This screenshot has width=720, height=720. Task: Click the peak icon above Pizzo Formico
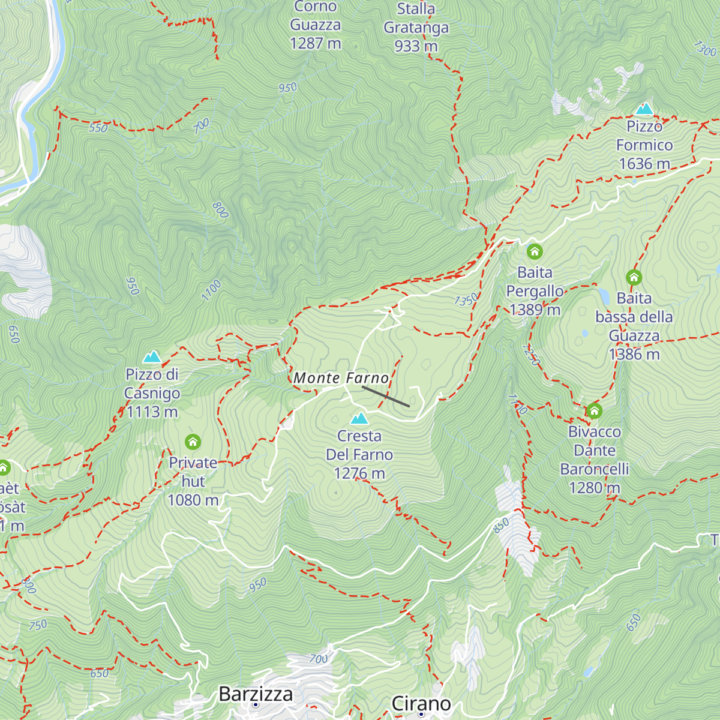644,109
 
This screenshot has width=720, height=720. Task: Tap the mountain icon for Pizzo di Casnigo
152,357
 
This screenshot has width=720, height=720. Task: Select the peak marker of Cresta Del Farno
359,418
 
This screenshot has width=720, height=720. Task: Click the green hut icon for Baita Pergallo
535,251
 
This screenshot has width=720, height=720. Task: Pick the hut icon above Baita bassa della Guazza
634,277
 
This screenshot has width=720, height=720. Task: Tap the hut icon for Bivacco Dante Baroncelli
594,411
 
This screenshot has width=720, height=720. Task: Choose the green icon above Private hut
193,442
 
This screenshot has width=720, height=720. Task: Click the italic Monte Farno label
341,378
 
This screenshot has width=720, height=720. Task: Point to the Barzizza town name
256,694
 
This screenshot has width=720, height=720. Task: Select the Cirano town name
421,703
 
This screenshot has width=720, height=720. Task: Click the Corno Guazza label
316,25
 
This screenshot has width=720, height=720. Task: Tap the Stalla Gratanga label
416,27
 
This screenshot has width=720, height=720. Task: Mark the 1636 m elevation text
644,164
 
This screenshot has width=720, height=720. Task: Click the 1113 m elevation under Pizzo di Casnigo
152,412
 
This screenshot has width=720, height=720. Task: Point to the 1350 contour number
466,299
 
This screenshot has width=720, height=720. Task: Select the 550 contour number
98,128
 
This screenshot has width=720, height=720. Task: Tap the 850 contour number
501,525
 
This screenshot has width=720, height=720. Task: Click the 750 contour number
38,625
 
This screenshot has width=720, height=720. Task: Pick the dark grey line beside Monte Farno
386,397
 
